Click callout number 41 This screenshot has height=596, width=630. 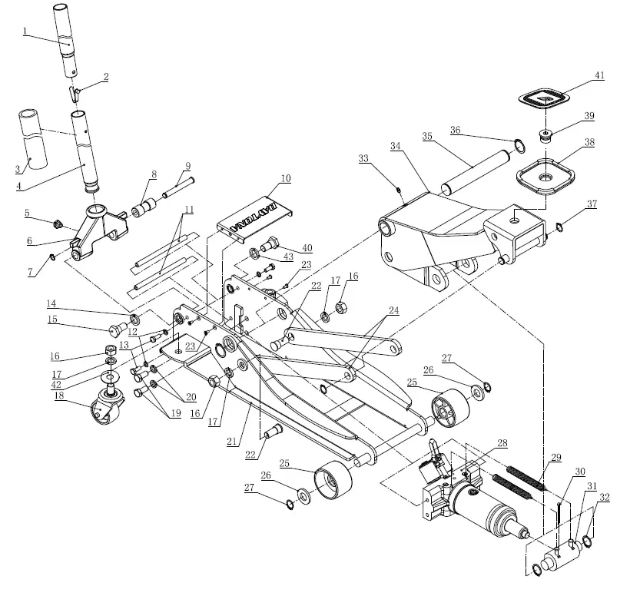[598, 75]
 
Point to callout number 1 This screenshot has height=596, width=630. [25, 31]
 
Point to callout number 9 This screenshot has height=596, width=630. [187, 166]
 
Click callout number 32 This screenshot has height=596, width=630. [604, 498]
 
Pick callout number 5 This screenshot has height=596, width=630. [27, 213]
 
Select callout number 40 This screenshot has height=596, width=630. [307, 247]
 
